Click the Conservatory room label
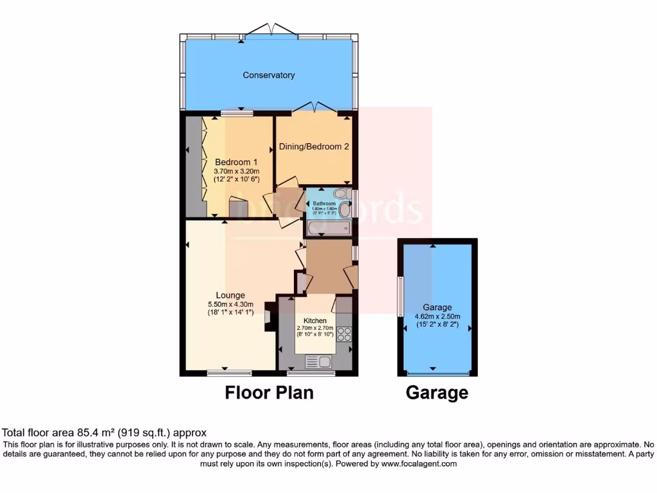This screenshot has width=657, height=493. (268, 75)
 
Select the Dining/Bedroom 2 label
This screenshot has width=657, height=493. (314, 146)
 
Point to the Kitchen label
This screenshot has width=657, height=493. (314, 320)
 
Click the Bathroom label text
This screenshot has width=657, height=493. (325, 203)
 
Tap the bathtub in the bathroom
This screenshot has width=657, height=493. (328, 228)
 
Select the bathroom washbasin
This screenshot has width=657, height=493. (345, 209)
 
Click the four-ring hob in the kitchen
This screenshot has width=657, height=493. (344, 334)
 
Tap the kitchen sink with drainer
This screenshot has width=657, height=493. (320, 362)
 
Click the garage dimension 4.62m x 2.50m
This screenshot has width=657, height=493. (437, 316)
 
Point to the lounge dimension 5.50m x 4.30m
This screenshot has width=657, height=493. (230, 304)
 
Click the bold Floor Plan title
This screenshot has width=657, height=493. (269, 392)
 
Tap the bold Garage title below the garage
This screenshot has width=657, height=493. (437, 392)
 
